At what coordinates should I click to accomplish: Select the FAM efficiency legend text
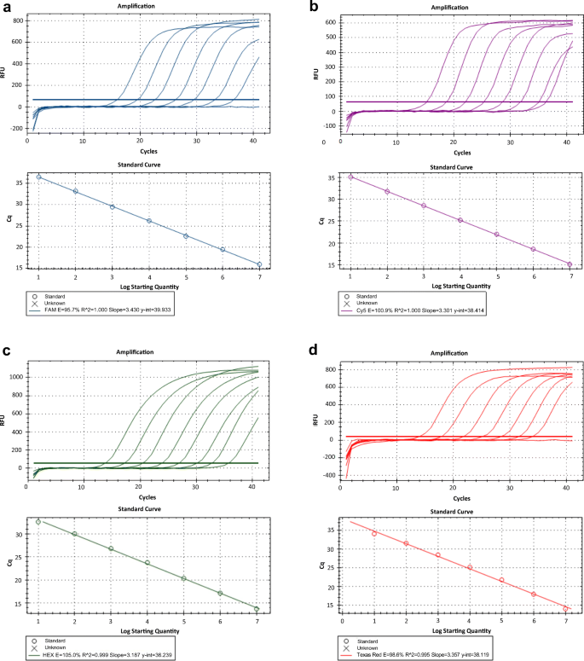(x=131, y=311)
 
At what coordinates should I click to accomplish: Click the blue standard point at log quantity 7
(x=259, y=264)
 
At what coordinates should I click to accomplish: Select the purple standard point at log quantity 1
(x=350, y=177)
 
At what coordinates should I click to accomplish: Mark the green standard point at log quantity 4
(x=147, y=563)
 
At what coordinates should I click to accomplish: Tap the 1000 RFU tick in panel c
(x=14, y=376)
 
